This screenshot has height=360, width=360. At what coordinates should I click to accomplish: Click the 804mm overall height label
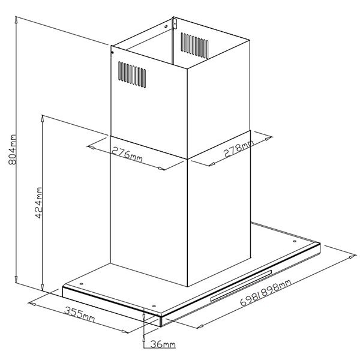[12, 149]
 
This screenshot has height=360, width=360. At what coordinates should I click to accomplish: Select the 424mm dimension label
[38, 203]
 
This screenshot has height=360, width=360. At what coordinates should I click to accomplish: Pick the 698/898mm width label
[266, 292]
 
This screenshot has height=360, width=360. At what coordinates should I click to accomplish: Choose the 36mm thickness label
[163, 344]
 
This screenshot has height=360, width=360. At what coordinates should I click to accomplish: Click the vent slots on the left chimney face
[132, 74]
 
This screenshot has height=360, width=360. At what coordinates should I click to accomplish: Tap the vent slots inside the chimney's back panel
[194, 45]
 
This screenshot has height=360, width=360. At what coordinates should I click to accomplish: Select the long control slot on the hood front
[241, 286]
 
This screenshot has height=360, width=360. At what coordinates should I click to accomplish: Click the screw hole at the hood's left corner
[81, 284]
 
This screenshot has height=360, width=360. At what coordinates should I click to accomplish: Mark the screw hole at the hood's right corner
[295, 241]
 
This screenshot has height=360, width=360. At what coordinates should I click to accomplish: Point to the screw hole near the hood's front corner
[154, 306]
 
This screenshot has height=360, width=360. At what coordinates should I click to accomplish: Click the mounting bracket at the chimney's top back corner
[175, 23]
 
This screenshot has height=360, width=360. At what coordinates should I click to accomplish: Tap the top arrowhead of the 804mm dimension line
[16, 20]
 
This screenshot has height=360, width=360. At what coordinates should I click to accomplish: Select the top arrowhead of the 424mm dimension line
[43, 118]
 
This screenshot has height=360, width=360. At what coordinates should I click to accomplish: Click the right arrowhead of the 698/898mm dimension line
[353, 256]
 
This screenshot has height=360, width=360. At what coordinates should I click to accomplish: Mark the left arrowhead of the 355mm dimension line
[32, 304]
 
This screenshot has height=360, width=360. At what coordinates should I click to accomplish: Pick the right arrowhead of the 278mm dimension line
[269, 138]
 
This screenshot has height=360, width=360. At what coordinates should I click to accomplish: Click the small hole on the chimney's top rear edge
[166, 26]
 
